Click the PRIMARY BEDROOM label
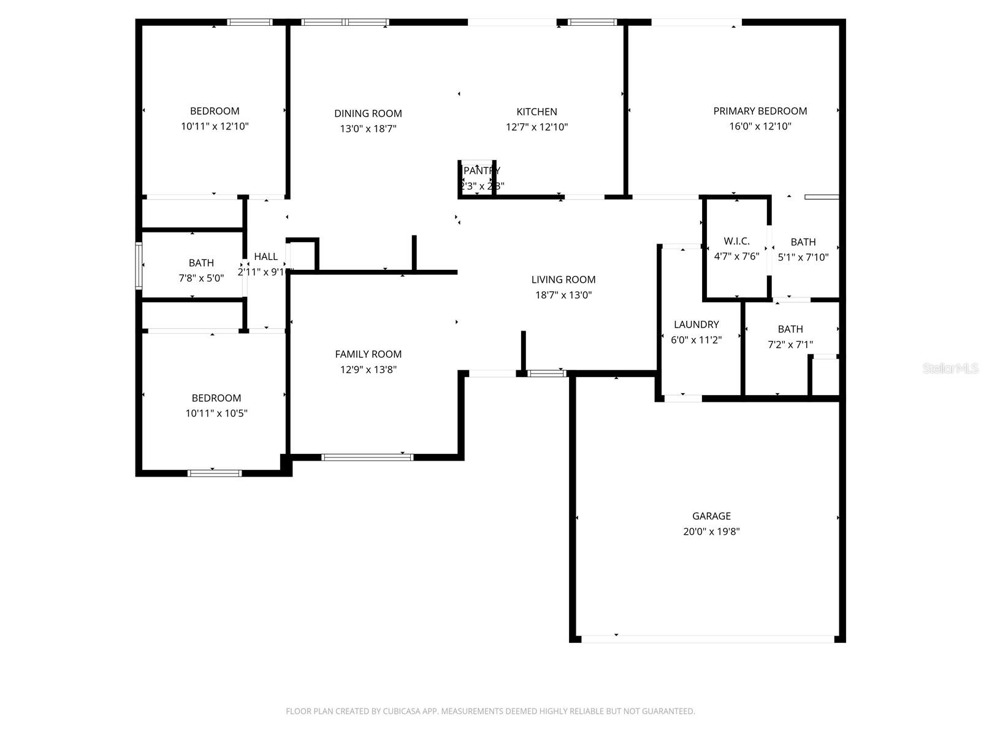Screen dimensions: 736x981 pos(760,111)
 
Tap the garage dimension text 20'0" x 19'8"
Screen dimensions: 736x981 pos(711,532)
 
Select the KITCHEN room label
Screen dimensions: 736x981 pos(536,112)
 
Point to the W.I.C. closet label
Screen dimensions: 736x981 pos(736,241)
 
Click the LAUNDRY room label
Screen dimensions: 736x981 pos(696,324)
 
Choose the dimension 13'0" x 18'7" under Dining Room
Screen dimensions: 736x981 pos(368,129)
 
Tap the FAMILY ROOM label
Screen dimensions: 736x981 pos(368,354)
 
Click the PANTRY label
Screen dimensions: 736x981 pos(482,171)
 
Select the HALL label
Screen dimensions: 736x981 pos(265,256)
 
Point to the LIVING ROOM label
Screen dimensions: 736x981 pos(563,280)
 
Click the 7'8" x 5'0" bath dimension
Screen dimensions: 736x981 pos(201,278)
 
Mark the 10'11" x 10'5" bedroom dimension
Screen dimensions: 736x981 pos(216,413)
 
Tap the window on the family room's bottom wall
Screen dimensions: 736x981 pos(367,457)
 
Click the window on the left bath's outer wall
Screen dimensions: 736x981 pos(139,266)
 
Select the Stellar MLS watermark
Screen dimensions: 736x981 pos(950,368)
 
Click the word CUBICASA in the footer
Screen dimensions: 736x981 pos(401,711)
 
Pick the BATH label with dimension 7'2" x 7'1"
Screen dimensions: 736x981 pos(790,329)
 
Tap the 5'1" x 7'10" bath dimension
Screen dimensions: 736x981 pos(803,258)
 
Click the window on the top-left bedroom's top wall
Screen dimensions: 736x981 pos(250,22)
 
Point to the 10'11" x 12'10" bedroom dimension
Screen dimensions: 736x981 pos(215,126)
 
